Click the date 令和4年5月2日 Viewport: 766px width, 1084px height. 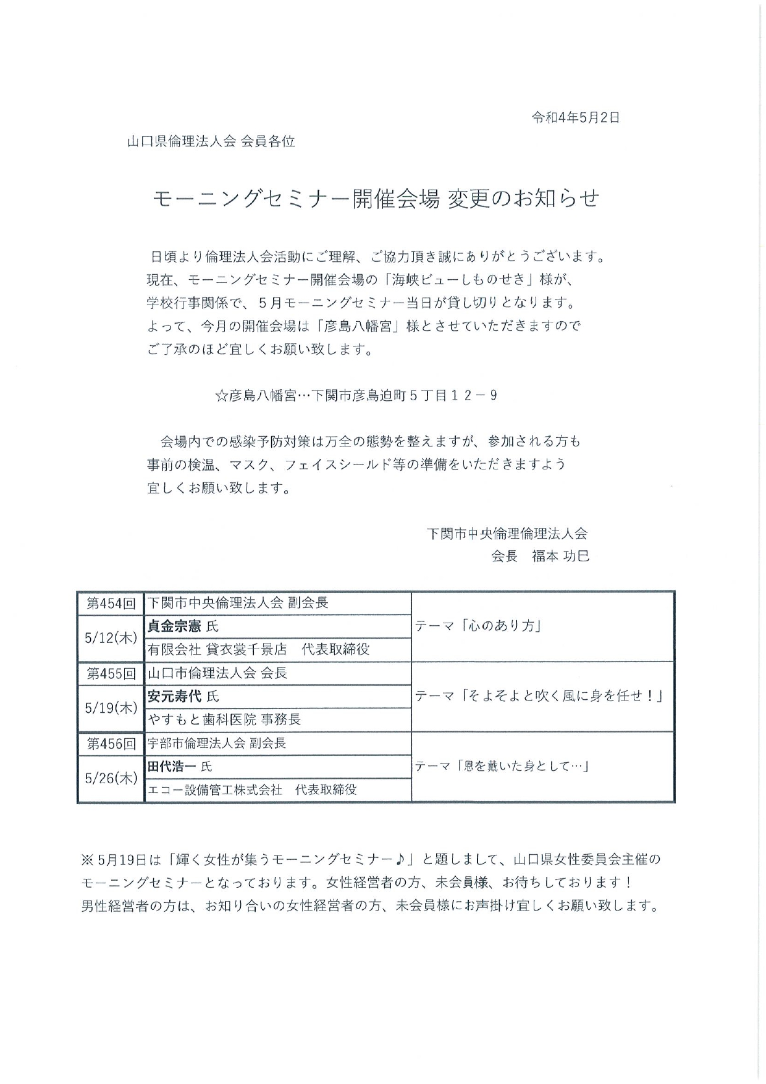point(575,117)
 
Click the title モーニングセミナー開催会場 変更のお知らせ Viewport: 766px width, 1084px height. point(376,198)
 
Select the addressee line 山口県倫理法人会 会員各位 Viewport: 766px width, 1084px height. point(211,141)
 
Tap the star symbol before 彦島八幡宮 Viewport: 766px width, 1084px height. point(221,396)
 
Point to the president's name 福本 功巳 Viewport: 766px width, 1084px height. point(561,556)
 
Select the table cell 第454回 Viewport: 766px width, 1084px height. point(111,603)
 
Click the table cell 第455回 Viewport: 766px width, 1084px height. point(111,673)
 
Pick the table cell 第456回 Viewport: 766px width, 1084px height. point(111,744)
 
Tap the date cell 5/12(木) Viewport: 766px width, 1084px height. point(111,638)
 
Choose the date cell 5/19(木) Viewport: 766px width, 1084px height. point(111,708)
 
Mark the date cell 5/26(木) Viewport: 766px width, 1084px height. point(111,778)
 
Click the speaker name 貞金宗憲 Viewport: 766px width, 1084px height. point(174,626)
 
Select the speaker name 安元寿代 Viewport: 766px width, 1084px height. point(174,697)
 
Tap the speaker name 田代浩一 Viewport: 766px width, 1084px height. point(172,767)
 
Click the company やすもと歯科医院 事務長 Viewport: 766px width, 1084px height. point(224,720)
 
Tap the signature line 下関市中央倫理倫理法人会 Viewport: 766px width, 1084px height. point(507,533)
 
